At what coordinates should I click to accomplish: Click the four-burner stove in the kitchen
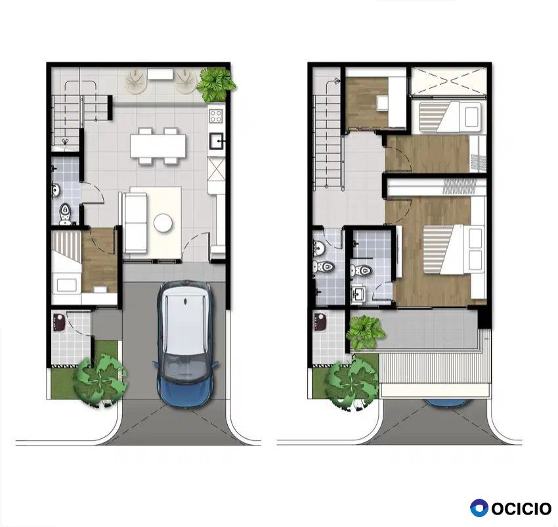216,116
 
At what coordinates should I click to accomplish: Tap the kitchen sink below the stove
216,141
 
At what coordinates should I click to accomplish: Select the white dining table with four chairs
158,146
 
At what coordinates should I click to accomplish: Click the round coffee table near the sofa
163,223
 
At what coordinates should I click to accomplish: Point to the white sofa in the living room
135,223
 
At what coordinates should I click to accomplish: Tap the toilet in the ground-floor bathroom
65,214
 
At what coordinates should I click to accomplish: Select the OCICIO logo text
521,509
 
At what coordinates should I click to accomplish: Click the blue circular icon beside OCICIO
479,508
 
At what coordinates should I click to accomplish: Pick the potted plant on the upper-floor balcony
365,332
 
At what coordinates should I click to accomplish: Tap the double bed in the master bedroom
454,250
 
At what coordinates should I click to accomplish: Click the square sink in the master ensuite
358,294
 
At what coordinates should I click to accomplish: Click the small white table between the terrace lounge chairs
160,74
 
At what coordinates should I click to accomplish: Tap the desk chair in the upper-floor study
383,103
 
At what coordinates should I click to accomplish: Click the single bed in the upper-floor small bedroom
450,117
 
